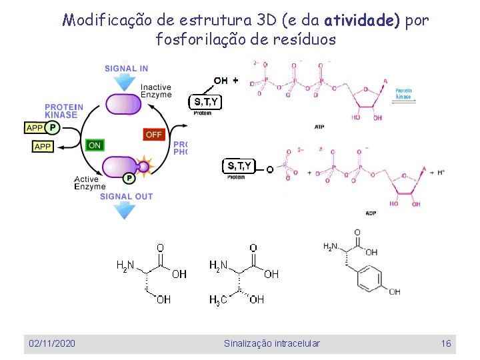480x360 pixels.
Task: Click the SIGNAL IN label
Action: coord(126,68)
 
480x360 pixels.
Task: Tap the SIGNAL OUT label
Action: coord(126,196)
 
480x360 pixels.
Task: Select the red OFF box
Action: coord(153,134)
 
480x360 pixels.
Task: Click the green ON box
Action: coord(95,145)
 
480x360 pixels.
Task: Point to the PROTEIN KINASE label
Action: coord(64,111)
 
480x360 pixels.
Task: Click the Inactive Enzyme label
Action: coord(156,91)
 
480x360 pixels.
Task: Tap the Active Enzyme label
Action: coord(87,183)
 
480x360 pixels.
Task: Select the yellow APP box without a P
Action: coord(43,146)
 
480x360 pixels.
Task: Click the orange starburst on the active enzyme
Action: coord(143,166)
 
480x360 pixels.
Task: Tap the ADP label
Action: coord(371,213)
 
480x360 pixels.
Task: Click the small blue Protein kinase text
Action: coord(403,93)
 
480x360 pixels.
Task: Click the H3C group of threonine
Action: coord(218,301)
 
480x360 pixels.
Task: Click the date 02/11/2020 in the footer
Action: coord(52,343)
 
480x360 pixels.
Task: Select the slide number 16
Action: coord(446,343)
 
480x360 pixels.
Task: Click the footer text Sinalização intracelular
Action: coord(272,343)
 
